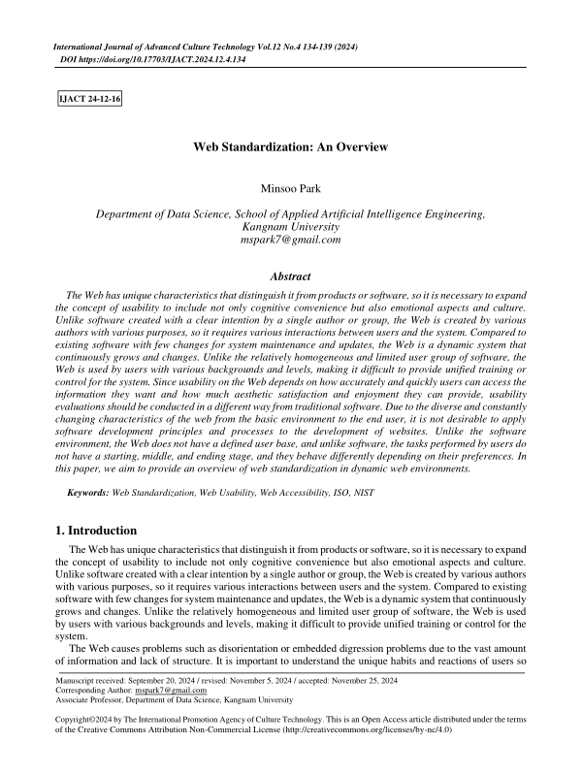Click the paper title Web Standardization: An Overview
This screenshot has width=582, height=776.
[291, 146]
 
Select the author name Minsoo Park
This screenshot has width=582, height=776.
[291, 188]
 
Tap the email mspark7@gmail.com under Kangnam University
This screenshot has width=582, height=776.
[291, 240]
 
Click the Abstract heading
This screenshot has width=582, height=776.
[290, 276]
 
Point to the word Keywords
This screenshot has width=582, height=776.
[87, 494]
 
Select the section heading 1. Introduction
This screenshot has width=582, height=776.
[96, 531]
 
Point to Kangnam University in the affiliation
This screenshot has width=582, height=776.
[291, 227]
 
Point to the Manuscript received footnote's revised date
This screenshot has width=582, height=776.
[267, 681]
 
